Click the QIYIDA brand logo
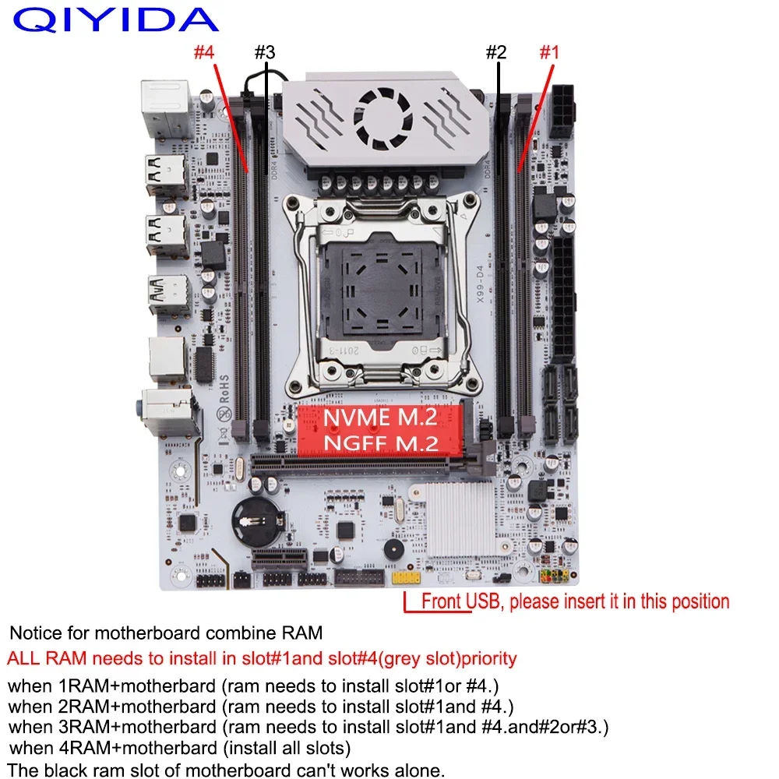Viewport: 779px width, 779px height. [116, 19]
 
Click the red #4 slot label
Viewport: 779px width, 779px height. [204, 53]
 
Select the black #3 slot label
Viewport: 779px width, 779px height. [264, 53]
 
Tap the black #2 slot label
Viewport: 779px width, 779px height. [496, 53]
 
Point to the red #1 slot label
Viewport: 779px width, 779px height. [550, 53]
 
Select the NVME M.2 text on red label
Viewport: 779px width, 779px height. [380, 418]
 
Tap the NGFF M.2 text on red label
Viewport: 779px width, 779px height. [380, 442]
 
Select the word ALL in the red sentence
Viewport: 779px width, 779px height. [24, 658]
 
